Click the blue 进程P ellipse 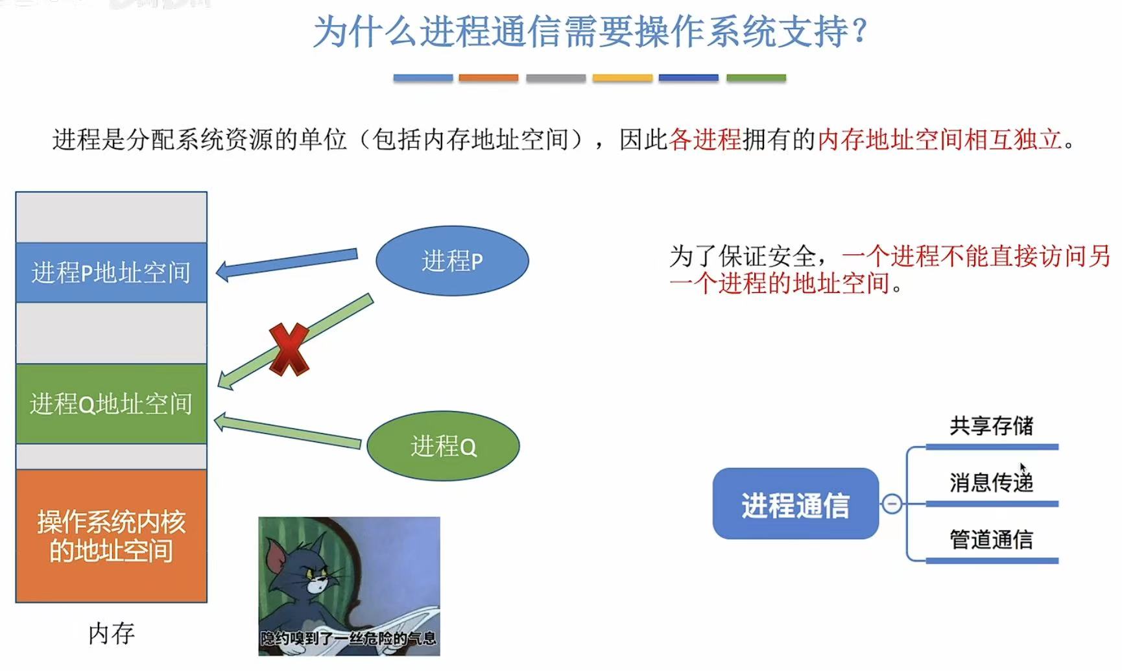pos(452,261)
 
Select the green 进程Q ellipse pos(443,446)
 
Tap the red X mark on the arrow pos(289,349)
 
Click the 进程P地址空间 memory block pos(111,272)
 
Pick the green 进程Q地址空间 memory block pos(111,404)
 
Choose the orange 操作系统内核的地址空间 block pos(111,536)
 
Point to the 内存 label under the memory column pos(111,633)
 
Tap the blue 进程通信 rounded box pos(795,504)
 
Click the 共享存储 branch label pos(991,426)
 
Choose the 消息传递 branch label pos(991,483)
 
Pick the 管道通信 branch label pos(991,539)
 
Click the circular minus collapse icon pos(892,504)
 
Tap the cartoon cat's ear pos(278,556)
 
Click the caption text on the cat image pos(348,639)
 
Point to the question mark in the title pos(860,31)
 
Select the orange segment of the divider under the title pos(488,78)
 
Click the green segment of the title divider pos(756,78)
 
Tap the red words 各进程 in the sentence pos(704,139)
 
